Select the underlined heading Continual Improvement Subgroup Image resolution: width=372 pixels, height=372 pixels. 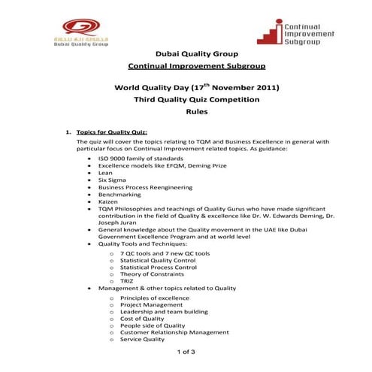coord(186,66)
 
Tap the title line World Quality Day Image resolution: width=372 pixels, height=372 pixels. coord(186,87)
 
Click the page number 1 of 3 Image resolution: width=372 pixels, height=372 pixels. coord(186,352)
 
